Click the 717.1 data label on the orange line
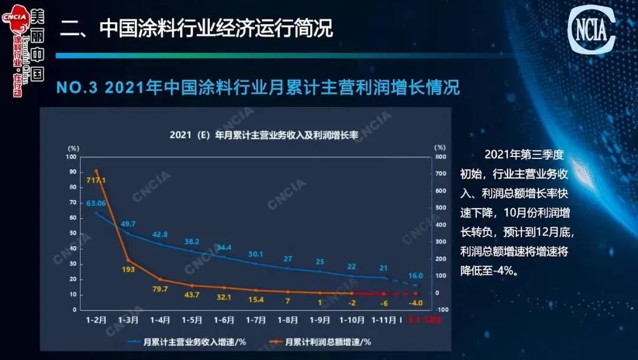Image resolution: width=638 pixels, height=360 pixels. [96, 180]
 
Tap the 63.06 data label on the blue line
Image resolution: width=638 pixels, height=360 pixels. [96, 203]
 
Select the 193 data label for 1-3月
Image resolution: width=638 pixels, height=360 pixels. [128, 270]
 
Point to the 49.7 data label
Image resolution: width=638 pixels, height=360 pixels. [128, 223]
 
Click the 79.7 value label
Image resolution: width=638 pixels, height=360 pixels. [160, 289]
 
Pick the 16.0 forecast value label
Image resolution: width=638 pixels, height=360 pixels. [416, 275]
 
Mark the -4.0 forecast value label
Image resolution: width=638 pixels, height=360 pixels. [416, 303]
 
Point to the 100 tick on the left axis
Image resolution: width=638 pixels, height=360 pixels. [73, 157]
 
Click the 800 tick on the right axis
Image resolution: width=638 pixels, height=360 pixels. [440, 157]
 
